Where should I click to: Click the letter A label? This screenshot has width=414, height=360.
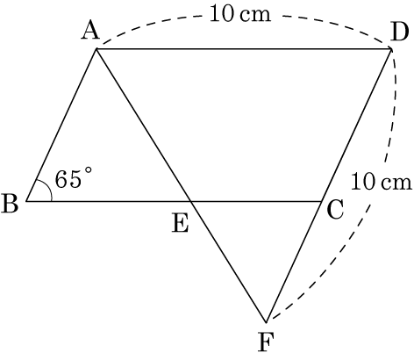91,32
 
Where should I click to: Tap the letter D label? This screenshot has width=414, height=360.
399,32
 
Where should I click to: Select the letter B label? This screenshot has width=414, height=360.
10,203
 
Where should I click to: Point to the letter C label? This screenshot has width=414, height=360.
335,210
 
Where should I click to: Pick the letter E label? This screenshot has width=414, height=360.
180,224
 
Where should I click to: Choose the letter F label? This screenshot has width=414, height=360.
266,342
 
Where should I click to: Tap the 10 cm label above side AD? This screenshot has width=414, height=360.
240,14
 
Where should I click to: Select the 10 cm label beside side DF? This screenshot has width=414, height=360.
382,182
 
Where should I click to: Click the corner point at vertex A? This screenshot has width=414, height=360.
96,49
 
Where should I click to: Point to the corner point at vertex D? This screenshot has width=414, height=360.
391,49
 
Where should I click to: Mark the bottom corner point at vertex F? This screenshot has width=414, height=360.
267,322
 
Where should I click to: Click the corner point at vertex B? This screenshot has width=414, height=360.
26,201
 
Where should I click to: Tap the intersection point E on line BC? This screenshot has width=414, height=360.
190,201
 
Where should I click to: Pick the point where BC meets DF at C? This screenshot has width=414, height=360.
322,201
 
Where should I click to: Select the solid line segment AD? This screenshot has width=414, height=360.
244,49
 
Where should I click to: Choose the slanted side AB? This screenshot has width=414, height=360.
61,126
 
